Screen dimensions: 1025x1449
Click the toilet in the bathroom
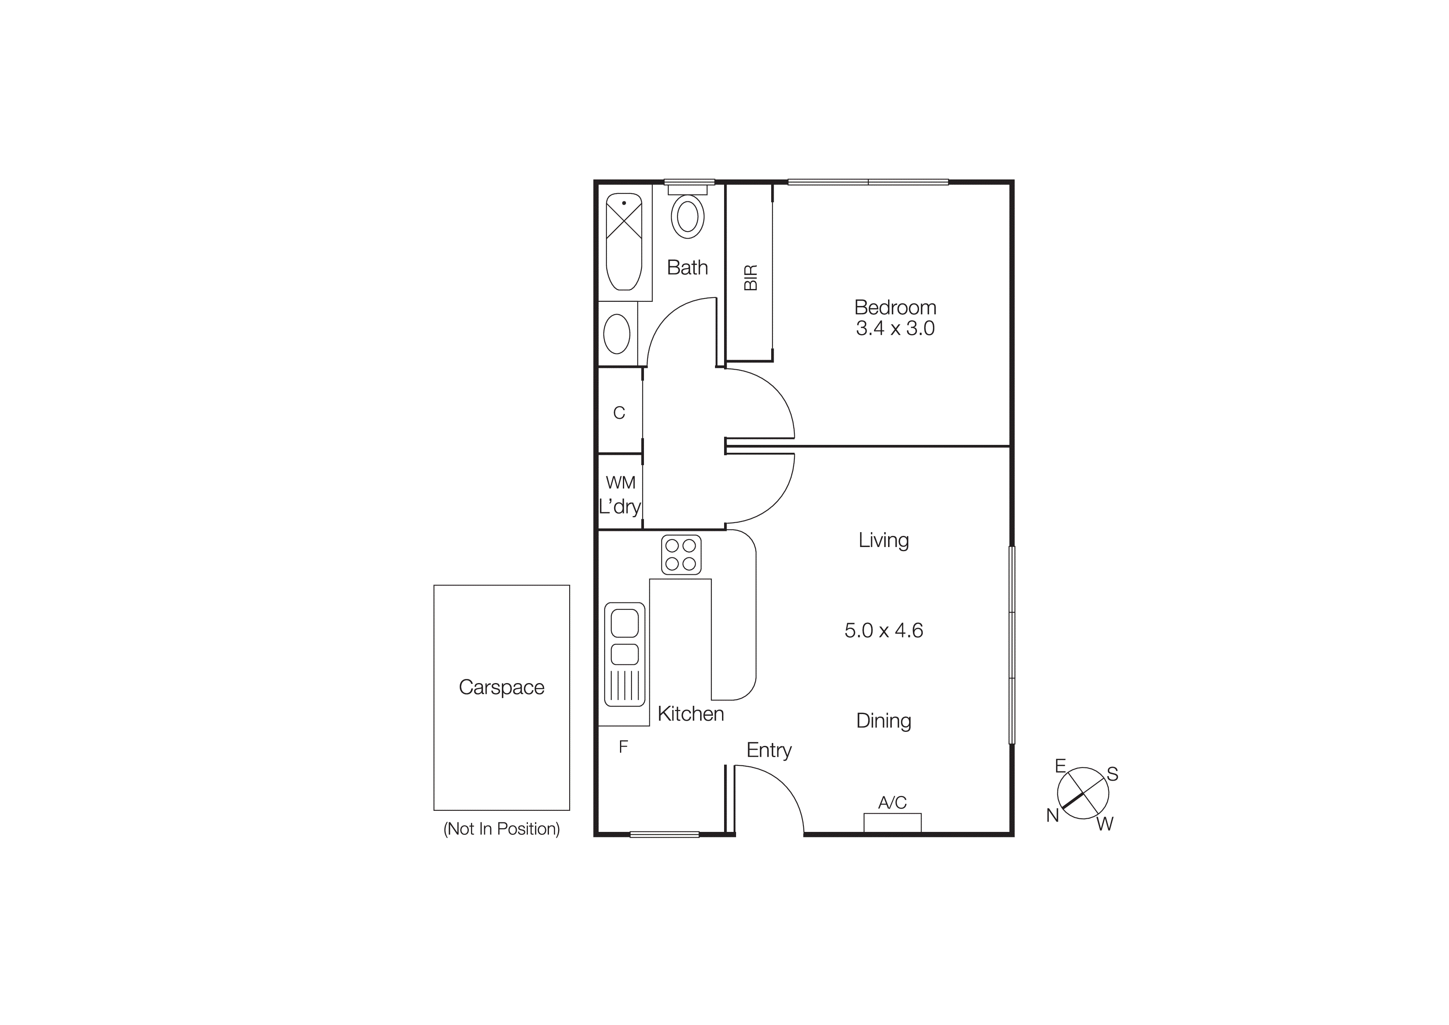[x=687, y=216]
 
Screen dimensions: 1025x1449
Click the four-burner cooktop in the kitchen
[x=681, y=554]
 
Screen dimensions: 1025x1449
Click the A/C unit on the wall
[x=892, y=822]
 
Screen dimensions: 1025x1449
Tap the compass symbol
[x=1083, y=793]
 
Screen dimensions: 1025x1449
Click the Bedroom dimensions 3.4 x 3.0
[x=895, y=328]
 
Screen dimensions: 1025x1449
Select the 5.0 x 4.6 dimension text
[x=884, y=630]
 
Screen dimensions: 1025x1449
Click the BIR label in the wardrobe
[x=751, y=277]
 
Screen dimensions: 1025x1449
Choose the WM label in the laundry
[x=620, y=483]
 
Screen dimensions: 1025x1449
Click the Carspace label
[x=502, y=687]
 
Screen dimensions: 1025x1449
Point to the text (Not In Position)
[x=502, y=829]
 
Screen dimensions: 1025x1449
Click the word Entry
[x=769, y=750]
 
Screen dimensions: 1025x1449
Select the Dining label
[x=884, y=721]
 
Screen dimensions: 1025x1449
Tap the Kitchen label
[x=690, y=714]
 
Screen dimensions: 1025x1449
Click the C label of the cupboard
[x=619, y=413]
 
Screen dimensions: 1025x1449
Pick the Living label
[x=884, y=540]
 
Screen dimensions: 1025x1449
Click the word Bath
[x=687, y=268]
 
